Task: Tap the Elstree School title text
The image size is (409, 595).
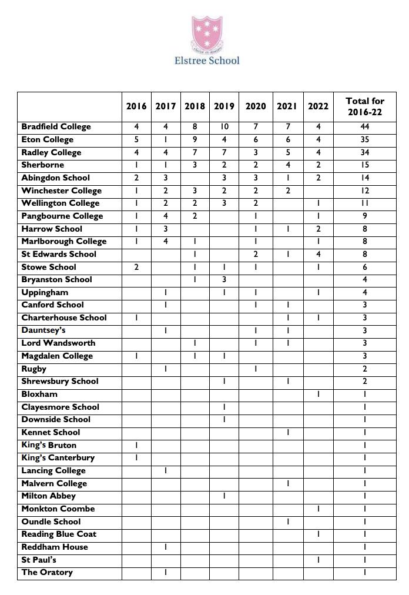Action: [207, 60]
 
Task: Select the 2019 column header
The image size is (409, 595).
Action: [224, 106]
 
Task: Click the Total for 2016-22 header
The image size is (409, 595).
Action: [365, 106]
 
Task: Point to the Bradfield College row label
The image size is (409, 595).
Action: [56, 127]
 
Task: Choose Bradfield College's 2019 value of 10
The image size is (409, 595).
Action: [224, 127]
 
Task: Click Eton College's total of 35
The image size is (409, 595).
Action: [365, 140]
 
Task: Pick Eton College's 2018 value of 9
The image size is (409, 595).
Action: [195, 140]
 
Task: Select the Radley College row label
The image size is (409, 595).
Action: [51, 153]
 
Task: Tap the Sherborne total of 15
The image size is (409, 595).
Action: [365, 165]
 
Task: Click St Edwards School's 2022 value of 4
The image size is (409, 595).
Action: [319, 255]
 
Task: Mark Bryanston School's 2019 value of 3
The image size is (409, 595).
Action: [224, 280]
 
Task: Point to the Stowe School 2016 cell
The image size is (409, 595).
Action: [136, 267]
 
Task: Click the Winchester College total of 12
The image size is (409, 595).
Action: [365, 191]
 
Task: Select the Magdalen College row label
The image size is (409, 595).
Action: [57, 356]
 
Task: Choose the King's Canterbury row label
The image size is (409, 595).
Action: [58, 458]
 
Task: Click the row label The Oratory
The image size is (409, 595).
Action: [47, 573]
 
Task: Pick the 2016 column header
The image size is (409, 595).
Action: [136, 106]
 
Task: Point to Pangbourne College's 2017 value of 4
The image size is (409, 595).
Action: [166, 216]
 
